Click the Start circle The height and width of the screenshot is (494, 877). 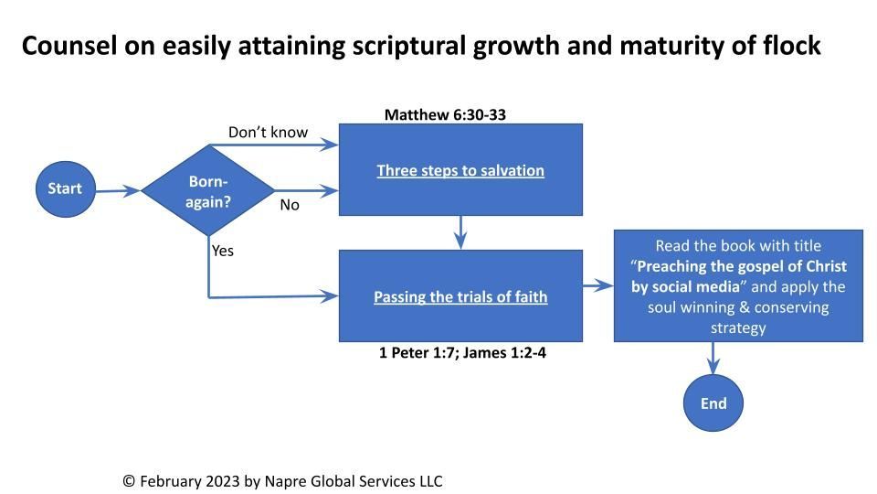(66, 189)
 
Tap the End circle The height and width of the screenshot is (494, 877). (713, 403)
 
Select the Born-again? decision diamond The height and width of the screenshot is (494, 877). (208, 190)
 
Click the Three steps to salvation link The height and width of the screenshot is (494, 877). (460, 170)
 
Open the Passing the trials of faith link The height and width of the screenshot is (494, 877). (460, 296)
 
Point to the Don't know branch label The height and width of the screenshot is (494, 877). (268, 132)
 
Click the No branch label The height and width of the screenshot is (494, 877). (290, 205)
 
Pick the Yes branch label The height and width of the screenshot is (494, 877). (223, 251)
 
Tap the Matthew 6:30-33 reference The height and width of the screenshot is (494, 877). (445, 115)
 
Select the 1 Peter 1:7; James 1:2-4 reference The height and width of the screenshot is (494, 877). (462, 353)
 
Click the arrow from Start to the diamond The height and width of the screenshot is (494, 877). (118, 191)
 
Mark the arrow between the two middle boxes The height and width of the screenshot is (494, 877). (460, 232)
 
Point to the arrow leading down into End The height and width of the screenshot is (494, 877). (713, 358)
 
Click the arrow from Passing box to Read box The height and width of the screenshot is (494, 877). (598, 285)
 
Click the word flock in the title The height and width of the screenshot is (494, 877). (792, 45)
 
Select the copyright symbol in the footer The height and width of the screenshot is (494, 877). (129, 481)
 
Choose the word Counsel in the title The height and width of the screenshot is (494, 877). (69, 46)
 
